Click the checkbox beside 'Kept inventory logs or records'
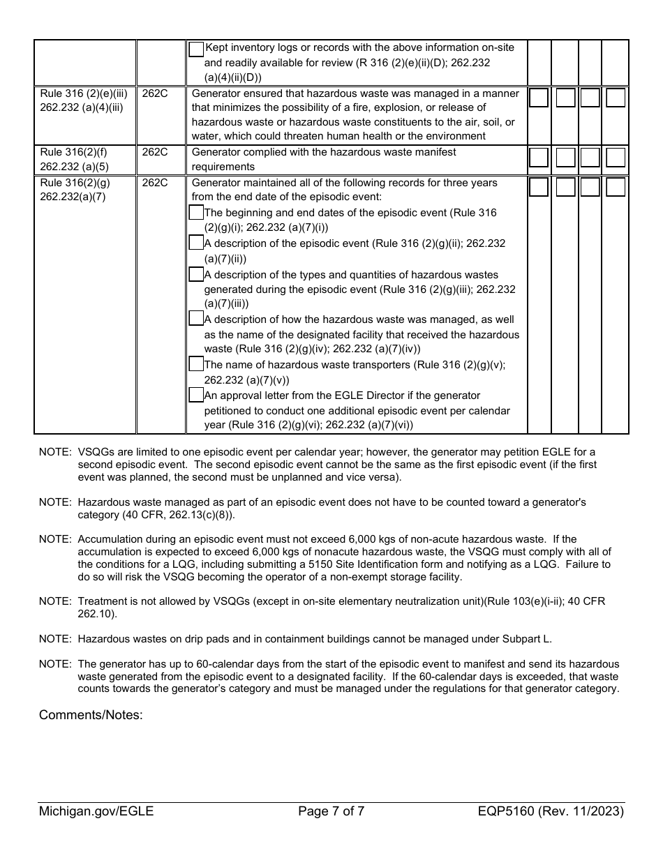click(x=196, y=49)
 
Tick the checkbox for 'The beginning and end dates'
click(x=196, y=213)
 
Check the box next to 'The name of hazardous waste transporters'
click(x=196, y=364)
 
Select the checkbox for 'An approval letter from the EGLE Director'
click(x=196, y=395)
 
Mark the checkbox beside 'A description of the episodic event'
click(x=196, y=243)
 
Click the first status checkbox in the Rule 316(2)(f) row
click(x=539, y=158)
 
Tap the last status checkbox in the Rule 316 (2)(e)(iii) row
click(x=615, y=98)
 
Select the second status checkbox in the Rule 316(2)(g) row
click(x=565, y=188)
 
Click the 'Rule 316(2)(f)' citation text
click(x=73, y=152)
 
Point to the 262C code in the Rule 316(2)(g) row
click(x=154, y=183)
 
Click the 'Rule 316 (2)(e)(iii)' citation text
click(x=84, y=93)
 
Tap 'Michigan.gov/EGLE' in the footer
click(x=96, y=811)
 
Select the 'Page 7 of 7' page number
click(x=331, y=811)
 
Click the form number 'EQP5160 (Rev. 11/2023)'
click(x=551, y=811)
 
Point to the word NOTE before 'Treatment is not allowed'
click(x=55, y=601)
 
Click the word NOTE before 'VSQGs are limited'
click(x=55, y=452)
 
